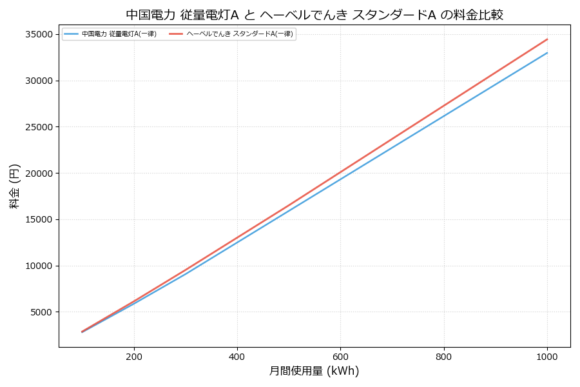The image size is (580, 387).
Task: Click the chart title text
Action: tap(314, 15)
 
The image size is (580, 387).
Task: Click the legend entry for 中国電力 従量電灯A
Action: tap(119, 34)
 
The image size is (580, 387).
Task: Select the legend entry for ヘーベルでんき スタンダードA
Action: tap(240, 34)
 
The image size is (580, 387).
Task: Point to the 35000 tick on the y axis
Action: tap(39, 34)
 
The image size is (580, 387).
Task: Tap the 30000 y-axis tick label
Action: tap(39, 81)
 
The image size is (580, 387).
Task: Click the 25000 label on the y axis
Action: tap(39, 127)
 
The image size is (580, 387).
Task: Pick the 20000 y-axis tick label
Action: tap(39, 173)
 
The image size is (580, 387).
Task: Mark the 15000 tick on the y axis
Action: tap(39, 219)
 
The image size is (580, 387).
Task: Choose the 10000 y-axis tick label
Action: tap(39, 266)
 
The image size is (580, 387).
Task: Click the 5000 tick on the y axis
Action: tap(42, 312)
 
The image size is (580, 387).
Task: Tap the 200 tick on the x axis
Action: tap(134, 356)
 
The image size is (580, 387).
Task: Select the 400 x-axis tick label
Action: tap(237, 356)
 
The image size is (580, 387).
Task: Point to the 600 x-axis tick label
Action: tap(340, 356)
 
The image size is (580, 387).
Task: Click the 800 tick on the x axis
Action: tap(444, 356)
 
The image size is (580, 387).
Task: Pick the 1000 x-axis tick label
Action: tap(547, 356)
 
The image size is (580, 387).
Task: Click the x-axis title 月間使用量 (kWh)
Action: tap(314, 372)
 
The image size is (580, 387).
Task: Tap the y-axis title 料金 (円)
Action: tap(14, 186)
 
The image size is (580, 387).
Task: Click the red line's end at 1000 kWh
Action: tap(547, 39)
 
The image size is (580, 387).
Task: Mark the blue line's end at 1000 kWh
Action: tap(547, 53)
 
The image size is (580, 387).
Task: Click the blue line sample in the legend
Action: tap(72, 34)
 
